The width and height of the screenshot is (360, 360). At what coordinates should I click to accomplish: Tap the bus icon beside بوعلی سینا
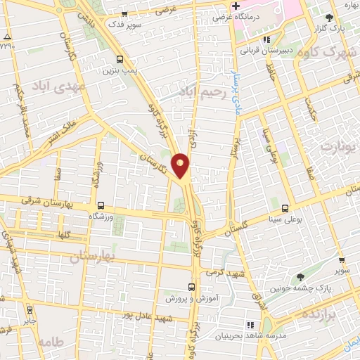(x=285, y=208)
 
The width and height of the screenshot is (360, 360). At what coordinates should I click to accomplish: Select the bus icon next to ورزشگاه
(x=101, y=206)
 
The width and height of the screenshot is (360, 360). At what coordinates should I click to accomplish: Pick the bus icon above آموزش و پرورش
(x=191, y=287)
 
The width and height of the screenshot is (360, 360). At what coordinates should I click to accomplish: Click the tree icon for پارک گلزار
(x=330, y=18)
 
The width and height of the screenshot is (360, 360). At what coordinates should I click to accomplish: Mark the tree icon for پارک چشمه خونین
(x=300, y=278)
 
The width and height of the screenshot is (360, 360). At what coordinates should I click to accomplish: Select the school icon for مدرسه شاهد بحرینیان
(x=250, y=324)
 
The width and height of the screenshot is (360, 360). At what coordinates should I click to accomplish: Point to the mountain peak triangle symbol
(x=7, y=36)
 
